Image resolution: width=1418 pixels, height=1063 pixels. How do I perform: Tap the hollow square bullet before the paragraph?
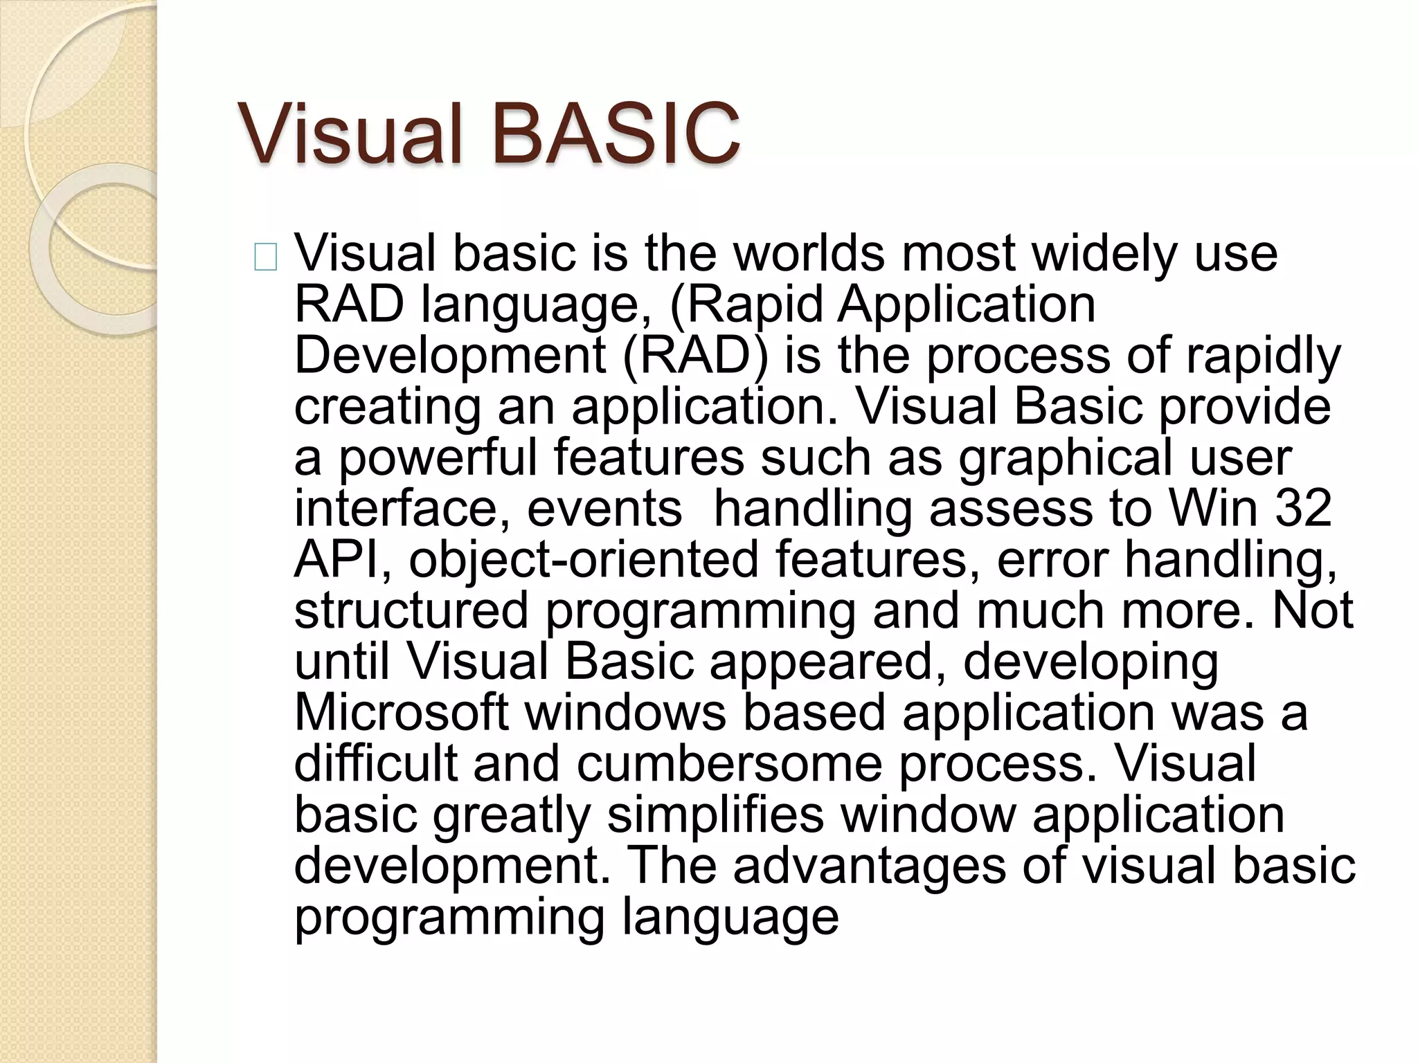click(266, 257)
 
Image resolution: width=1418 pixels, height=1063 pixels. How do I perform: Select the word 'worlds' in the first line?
click(809, 253)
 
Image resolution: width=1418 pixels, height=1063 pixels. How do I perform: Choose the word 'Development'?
click(450, 356)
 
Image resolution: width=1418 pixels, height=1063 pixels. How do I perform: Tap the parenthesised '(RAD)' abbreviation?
click(695, 356)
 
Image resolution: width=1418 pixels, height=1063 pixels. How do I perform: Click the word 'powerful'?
click(437, 458)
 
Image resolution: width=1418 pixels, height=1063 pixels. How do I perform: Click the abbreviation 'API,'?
click(343, 560)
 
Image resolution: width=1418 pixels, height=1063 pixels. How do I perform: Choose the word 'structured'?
click(411, 610)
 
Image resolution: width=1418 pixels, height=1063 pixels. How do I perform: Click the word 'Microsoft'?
click(402, 713)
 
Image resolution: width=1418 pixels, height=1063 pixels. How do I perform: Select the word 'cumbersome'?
click(729, 764)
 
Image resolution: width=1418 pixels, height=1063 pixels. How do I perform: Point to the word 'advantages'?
click(869, 866)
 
